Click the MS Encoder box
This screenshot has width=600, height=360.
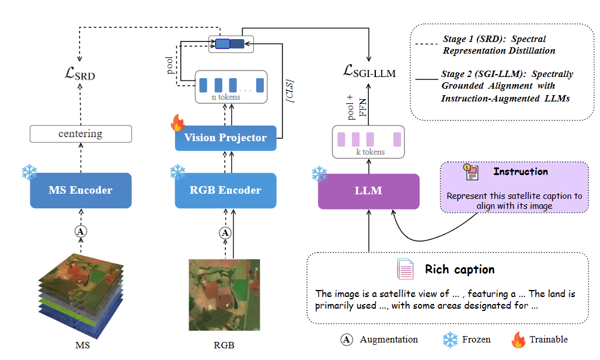click(81, 190)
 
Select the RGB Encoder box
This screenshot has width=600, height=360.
click(225, 190)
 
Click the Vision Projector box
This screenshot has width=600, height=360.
click(225, 138)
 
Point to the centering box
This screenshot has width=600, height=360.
click(81, 134)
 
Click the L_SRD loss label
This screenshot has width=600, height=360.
click(80, 75)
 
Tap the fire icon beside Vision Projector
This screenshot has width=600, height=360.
click(177, 123)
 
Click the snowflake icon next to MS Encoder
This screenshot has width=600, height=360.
click(29, 172)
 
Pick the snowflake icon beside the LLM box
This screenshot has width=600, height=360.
click(319, 173)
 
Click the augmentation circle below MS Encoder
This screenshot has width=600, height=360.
click(81, 232)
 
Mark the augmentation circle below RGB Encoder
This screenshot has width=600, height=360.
click(225, 233)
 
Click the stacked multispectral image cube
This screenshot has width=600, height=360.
click(82, 295)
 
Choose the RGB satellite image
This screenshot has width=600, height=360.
click(224, 295)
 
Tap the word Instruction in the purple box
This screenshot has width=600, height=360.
click(520, 172)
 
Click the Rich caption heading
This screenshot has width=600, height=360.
click(459, 270)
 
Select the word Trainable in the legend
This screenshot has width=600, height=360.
click(548, 340)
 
